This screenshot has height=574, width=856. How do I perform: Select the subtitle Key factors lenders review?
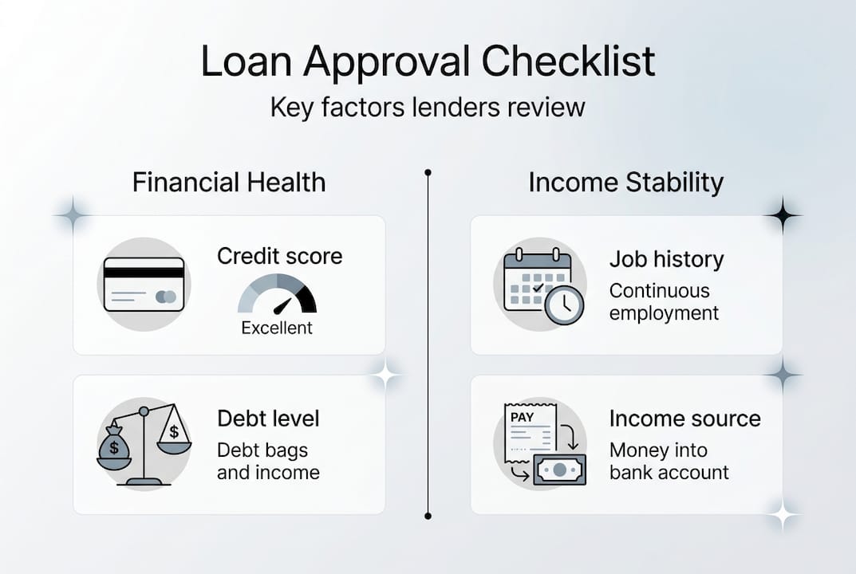point(428,107)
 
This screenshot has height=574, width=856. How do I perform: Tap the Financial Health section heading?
point(229,183)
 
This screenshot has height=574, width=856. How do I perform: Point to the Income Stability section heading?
point(625,183)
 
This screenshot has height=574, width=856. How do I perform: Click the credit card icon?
point(144,284)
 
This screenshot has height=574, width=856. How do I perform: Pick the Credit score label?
point(279,256)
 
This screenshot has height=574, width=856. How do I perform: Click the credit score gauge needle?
point(282,305)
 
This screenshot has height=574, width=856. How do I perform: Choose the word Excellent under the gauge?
point(277,328)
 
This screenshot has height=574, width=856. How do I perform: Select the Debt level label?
point(268,419)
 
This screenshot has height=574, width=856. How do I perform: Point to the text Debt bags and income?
point(268,461)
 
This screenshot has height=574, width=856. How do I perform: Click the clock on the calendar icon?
point(564,304)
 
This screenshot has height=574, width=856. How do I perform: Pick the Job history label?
point(666,259)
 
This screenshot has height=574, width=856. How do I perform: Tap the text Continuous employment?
point(664,302)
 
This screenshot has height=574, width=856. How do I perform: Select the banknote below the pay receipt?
point(559,470)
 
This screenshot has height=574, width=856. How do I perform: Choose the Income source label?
point(684,419)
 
